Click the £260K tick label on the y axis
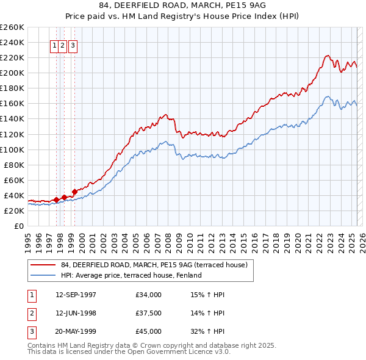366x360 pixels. click(x=12, y=27)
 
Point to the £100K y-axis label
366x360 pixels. click(x=12, y=149)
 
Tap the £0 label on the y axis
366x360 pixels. click(x=20, y=226)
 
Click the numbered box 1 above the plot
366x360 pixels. click(x=54, y=45)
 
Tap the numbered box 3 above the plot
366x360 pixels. click(x=73, y=45)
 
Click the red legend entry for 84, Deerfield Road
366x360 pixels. click(x=154, y=265)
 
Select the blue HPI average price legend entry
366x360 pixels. click(x=131, y=275)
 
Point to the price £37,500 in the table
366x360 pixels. click(x=149, y=313)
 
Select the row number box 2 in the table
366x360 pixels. click(x=32, y=313)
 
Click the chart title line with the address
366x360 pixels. click(x=183, y=5)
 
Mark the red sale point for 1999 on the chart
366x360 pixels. click(x=74, y=192)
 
